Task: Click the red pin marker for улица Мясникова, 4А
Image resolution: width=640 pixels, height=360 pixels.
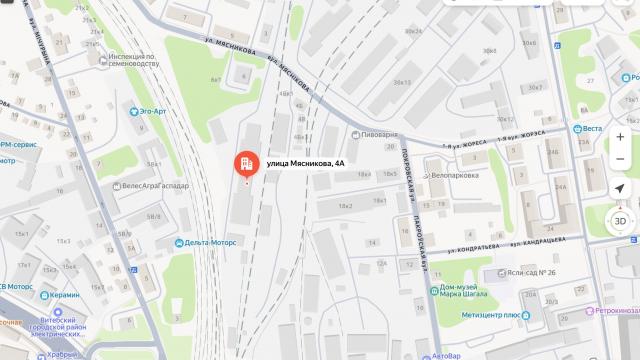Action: (245, 165)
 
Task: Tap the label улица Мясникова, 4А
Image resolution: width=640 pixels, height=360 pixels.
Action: (305, 163)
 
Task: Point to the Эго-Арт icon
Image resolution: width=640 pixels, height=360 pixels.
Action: (135, 111)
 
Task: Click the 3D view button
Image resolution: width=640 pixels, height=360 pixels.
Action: (620, 221)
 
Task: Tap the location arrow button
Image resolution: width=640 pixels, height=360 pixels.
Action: (620, 189)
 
